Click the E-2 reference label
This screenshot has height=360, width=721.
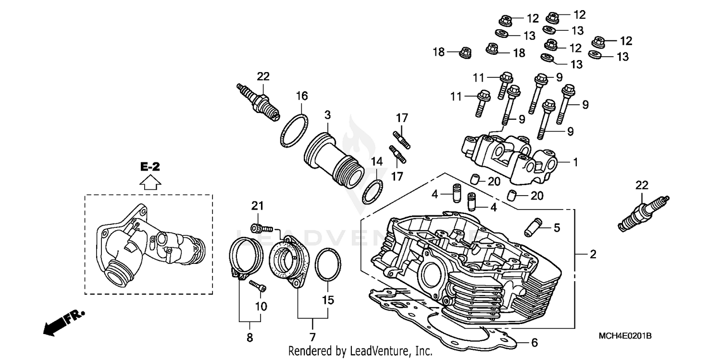[x=150, y=167]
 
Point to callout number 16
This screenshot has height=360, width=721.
[x=301, y=96]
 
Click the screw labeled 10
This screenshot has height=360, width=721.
[x=258, y=286]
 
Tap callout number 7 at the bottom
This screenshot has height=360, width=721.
[x=312, y=337]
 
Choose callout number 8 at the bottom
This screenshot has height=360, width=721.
[x=249, y=337]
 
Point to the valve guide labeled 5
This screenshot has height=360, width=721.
[x=535, y=226]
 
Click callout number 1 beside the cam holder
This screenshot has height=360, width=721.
[x=574, y=162]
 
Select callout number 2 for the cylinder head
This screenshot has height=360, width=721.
[x=593, y=254]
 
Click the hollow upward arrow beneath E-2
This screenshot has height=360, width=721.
[x=150, y=182]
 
